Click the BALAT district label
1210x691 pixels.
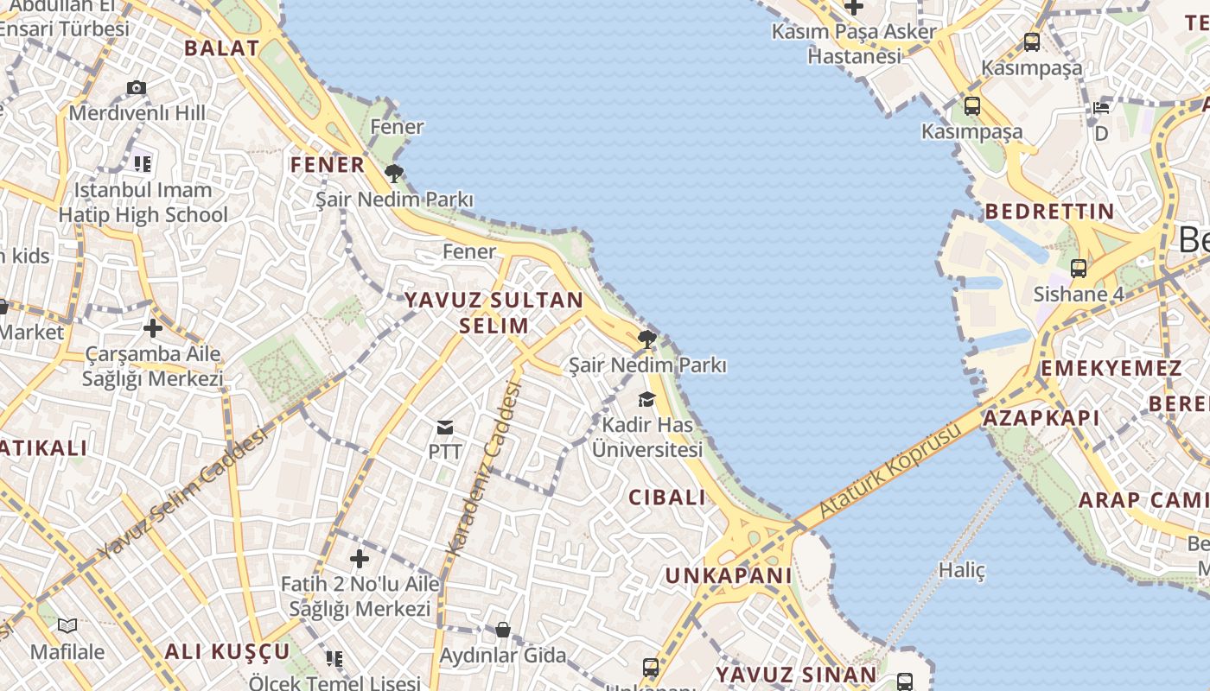coord(222,48)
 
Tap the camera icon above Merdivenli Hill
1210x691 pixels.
coord(137,88)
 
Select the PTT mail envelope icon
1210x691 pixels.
coord(445,428)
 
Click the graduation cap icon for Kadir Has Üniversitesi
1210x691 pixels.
coord(646,399)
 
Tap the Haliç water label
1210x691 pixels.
coord(962,570)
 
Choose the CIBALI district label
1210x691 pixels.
coord(667,498)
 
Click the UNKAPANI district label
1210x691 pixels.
coord(729,575)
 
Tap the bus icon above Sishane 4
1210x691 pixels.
coord(1079,269)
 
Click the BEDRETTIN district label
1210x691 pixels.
coord(1050,212)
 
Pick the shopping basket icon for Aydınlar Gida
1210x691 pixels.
coord(502,630)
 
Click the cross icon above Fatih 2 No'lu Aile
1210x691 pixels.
coord(360,559)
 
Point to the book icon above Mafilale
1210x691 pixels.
coord(67,625)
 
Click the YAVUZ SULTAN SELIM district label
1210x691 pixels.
coord(494,313)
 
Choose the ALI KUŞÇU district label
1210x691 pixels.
coord(227,651)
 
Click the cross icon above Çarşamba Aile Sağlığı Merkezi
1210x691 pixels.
coord(153,328)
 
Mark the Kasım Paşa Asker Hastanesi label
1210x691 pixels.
coord(854,44)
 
